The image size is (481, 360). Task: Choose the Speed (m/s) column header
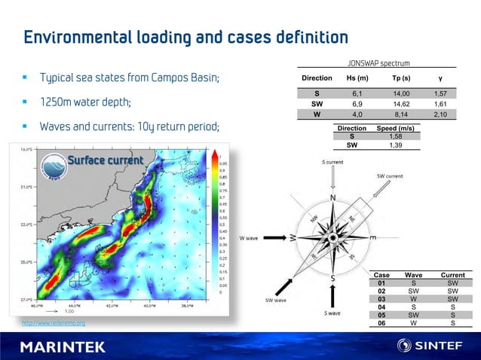[394, 130]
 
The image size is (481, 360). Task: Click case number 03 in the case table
[382, 299]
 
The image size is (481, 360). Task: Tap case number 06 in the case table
[382, 323]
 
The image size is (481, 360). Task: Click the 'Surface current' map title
[105, 160]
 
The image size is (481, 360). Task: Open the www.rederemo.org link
[54, 324]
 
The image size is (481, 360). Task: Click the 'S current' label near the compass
[334, 162]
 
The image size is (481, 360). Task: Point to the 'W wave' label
[250, 238]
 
